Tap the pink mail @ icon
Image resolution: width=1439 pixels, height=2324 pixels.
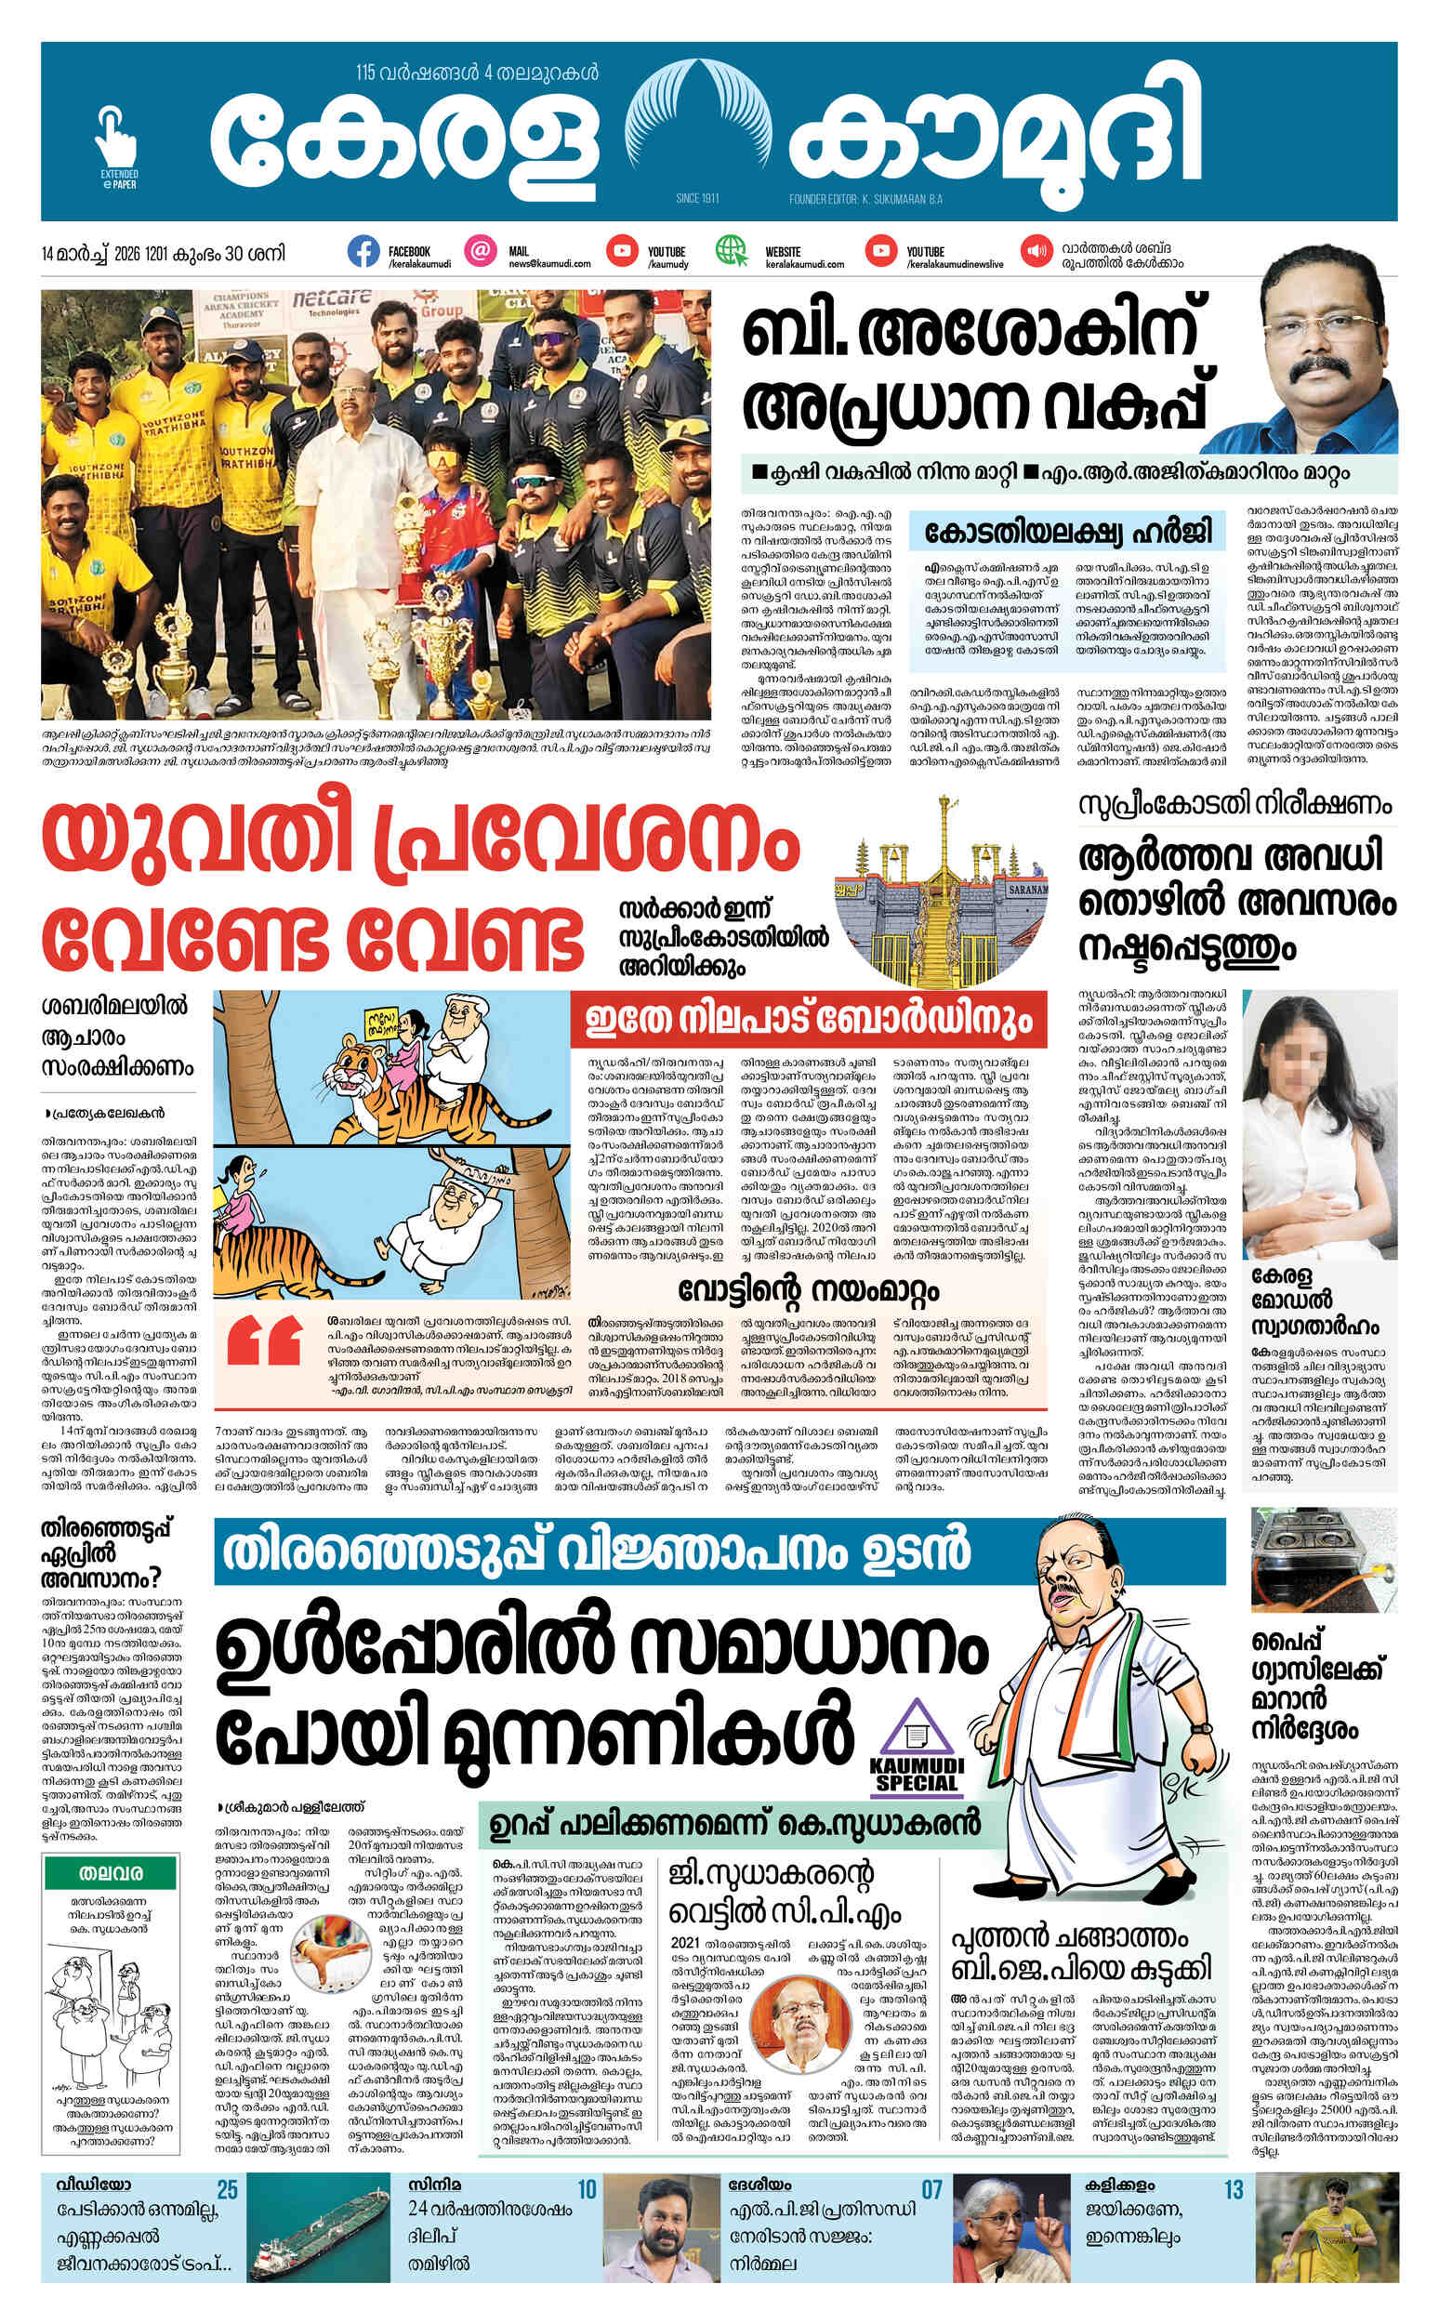tap(482, 251)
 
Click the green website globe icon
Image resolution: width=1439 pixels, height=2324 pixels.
tap(732, 251)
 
